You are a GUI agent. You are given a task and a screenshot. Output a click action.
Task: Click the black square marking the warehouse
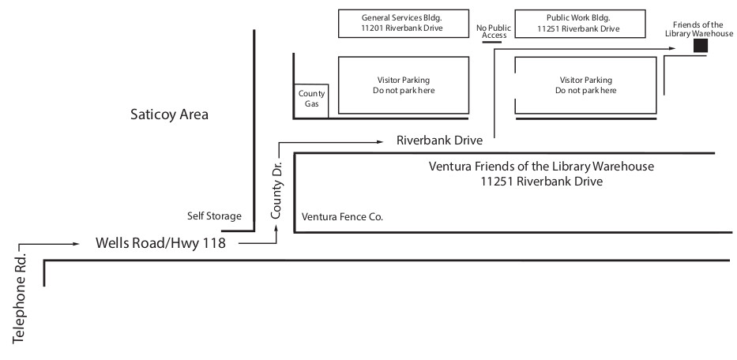[701, 46]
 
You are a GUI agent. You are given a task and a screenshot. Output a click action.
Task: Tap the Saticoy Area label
[169, 114]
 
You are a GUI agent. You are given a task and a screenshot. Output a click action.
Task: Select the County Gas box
[311, 100]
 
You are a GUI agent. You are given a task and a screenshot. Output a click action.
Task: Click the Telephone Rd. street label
[19, 300]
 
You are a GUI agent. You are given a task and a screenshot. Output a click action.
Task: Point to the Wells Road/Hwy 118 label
[160, 243]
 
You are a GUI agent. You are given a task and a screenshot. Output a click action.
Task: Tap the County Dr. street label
[276, 190]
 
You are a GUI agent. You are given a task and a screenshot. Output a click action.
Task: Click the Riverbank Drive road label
[439, 141]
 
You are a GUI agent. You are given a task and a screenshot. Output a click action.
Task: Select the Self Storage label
[214, 216]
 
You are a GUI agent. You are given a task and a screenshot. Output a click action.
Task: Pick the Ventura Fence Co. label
[342, 216]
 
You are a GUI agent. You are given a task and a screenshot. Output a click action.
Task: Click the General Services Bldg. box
[404, 24]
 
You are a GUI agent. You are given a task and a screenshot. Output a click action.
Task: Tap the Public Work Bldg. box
[580, 24]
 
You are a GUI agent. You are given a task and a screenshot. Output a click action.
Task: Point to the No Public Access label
[494, 32]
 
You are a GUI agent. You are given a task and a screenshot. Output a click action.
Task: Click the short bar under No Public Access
[491, 43]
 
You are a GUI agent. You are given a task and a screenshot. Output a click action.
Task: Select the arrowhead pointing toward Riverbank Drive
[380, 141]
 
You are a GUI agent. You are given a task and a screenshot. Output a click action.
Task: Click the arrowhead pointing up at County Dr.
[276, 228]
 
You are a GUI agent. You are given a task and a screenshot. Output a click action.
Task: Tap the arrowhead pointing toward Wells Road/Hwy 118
[76, 243]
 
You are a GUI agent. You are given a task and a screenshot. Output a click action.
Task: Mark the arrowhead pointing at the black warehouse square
[672, 48]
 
